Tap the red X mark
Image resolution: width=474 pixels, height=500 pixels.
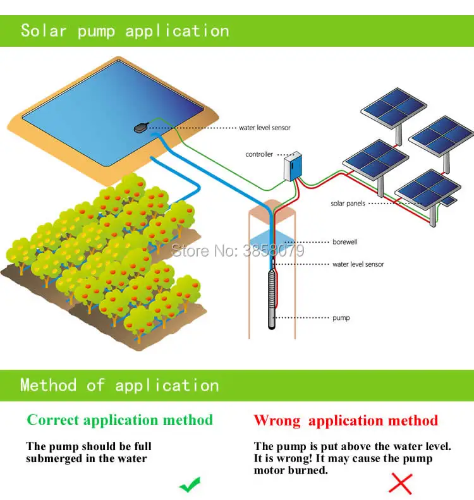(x=400, y=484)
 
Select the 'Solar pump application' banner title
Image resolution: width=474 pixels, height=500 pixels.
(x=125, y=30)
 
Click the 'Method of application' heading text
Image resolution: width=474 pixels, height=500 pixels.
(x=119, y=385)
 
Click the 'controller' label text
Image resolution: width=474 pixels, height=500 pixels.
(x=259, y=154)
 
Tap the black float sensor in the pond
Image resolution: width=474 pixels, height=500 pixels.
(x=142, y=127)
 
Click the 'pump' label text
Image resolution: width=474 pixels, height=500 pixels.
(x=341, y=318)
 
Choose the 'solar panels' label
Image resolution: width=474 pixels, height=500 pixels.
(x=348, y=204)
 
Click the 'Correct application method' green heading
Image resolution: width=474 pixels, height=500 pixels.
(x=120, y=420)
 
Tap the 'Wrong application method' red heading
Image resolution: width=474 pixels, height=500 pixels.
(x=346, y=420)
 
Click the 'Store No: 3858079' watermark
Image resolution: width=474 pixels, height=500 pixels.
(x=237, y=250)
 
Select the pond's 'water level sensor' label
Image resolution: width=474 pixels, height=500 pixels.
(x=265, y=128)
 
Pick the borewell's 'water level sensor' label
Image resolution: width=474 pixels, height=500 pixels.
(x=358, y=264)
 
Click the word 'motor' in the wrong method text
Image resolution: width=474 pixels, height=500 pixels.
(x=269, y=470)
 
